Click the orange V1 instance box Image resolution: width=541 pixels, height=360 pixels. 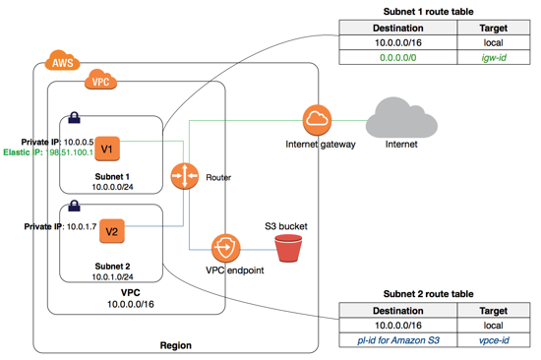tap(107, 149)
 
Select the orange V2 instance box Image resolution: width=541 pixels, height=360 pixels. tap(112, 231)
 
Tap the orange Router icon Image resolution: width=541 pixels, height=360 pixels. tap(185, 176)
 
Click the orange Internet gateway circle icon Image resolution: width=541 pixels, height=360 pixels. tap(317, 120)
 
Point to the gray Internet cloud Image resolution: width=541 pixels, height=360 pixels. tap(401, 117)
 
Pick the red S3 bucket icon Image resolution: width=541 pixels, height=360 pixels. tap(288, 248)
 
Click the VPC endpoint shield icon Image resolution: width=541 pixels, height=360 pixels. tap(225, 248)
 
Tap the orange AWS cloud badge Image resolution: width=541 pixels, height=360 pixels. tap(62, 60)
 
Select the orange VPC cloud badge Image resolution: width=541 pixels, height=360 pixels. tap(100, 80)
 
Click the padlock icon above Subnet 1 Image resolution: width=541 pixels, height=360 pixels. tap(74, 118)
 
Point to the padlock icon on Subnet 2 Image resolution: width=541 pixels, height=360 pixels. tap(74, 206)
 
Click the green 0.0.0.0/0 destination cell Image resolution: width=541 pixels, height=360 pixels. tap(397, 57)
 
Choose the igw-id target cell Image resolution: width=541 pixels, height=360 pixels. tap(494, 57)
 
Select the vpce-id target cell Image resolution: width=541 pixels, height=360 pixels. tap(494, 340)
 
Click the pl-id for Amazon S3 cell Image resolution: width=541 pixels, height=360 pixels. tap(398, 340)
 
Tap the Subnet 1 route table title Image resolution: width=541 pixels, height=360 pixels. tap(428, 12)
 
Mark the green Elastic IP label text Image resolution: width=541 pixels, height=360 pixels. tap(48, 152)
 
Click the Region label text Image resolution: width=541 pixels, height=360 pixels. tap(176, 345)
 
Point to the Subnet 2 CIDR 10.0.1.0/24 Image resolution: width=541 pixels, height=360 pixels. tap(112, 276)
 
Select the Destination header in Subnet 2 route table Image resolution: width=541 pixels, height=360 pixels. tap(397, 311)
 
